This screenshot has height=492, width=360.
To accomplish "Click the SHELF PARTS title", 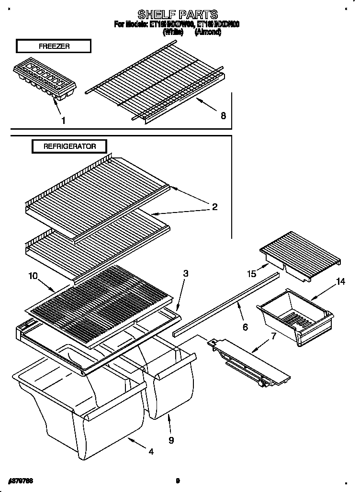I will pos(178,14).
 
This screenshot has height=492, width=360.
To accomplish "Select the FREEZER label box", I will pos(53,46).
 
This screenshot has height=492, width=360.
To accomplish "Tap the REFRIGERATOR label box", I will pos(69,146).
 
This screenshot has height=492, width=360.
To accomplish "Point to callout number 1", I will pos(63,121).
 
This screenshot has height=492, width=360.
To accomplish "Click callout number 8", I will pos(223,115).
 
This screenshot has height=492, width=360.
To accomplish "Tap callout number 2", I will pos(214,207).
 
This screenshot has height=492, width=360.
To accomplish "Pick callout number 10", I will pos(33,276).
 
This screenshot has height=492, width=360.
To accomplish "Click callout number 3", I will pos(185,274).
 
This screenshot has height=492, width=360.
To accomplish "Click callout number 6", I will pos(245,327).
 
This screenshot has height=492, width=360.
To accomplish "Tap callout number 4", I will pos(151,451).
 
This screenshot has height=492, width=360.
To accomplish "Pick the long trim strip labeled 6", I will pos(225,304).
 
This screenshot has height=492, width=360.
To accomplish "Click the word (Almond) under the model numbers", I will pos(207,32).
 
